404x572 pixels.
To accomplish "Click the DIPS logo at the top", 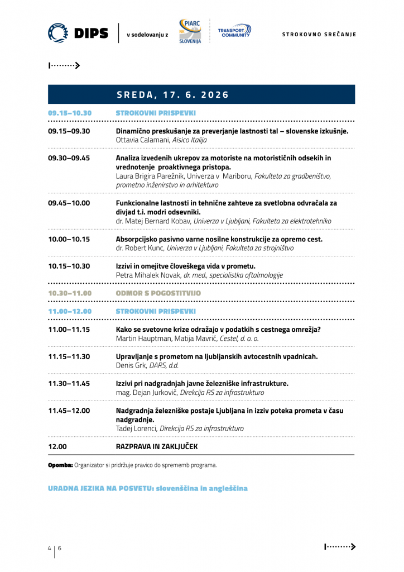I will [x=78, y=34].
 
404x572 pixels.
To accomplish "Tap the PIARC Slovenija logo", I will [x=190, y=32].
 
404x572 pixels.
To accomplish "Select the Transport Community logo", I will [x=234, y=31].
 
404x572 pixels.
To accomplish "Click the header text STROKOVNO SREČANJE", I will [x=319, y=35].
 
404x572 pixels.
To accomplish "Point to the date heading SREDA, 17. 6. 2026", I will [x=173, y=95].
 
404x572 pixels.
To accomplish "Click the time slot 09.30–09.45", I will [x=69, y=158].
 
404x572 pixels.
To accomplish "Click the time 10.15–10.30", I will [x=69, y=266].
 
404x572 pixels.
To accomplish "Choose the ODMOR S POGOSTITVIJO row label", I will [x=158, y=293].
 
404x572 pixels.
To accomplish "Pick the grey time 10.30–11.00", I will [x=70, y=293].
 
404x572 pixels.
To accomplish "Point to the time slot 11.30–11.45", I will [x=69, y=384].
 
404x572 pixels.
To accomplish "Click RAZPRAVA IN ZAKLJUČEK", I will [x=156, y=447].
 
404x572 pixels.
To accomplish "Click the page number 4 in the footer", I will [x=49, y=548].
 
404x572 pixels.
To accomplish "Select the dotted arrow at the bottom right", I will [x=340, y=547].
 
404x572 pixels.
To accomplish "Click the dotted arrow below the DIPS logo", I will [x=65, y=65].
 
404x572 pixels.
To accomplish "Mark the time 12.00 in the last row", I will [x=57, y=447].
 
